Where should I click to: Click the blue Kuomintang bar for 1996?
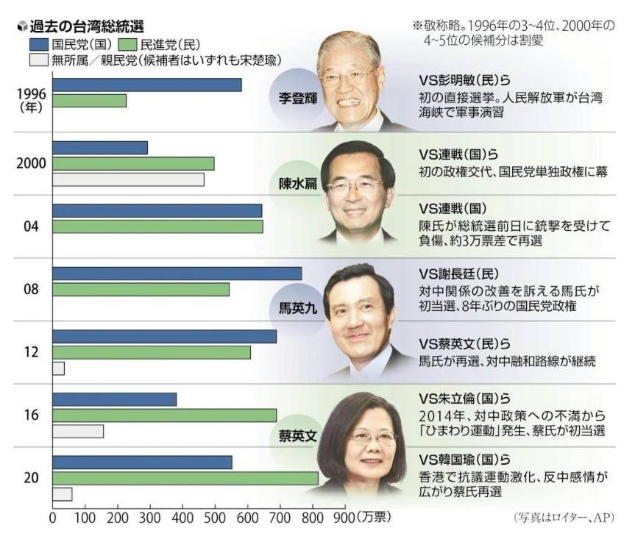click(x=146, y=85)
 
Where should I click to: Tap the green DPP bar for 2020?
click(x=185, y=479)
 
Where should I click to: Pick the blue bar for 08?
click(x=177, y=274)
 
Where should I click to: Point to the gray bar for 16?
click(x=77, y=431)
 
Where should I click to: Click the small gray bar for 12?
click(x=58, y=368)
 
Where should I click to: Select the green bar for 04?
click(x=157, y=226)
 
